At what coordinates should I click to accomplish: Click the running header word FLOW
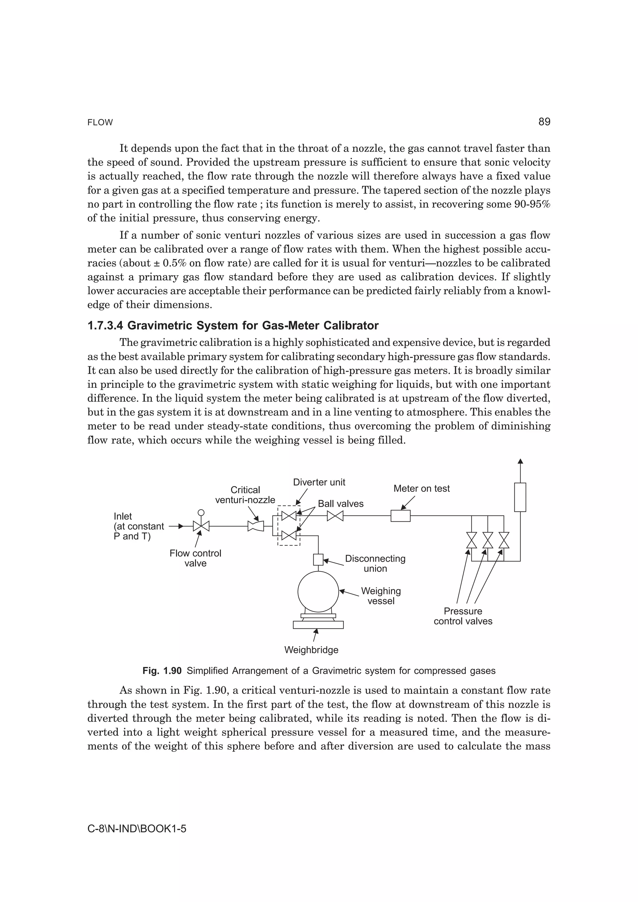100,123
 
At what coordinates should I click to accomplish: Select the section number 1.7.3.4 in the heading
105,326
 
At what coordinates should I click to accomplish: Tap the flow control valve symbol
201,526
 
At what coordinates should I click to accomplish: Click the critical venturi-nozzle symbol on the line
255,526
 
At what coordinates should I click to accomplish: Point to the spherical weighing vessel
318,592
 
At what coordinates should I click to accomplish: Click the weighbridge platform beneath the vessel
318,625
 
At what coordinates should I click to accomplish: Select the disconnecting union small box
318,559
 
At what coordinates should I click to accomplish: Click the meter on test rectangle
400,515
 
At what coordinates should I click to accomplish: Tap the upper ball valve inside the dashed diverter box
289,515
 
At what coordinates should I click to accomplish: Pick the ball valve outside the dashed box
335,515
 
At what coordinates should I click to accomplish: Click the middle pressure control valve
488,540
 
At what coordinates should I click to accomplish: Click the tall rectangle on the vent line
520,497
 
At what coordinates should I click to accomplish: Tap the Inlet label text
123,516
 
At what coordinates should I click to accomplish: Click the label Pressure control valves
463,616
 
